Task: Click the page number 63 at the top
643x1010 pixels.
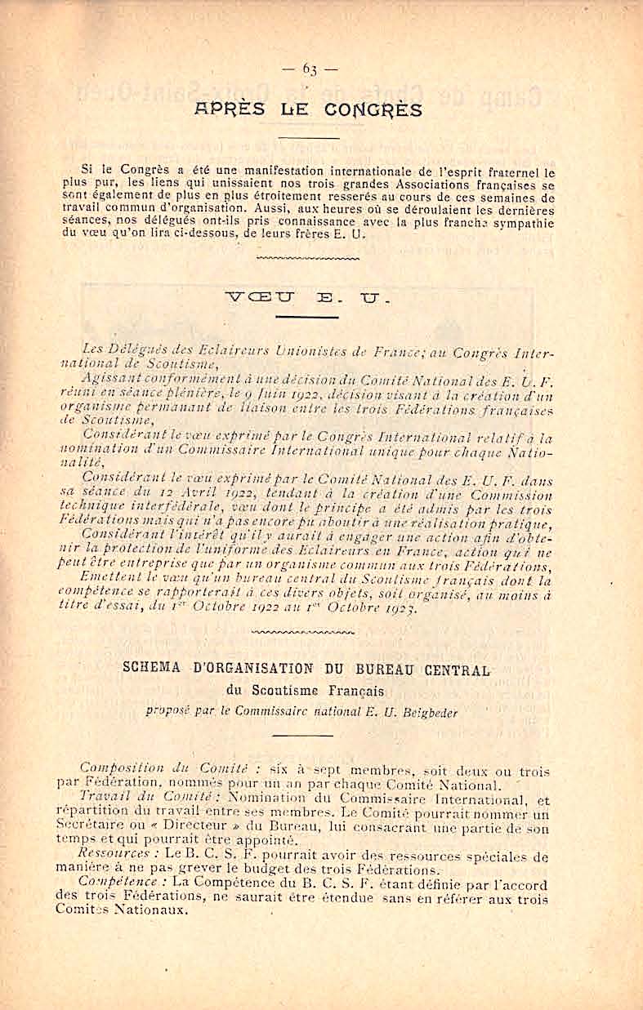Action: tap(310, 69)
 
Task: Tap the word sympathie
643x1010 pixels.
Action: tap(521, 222)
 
